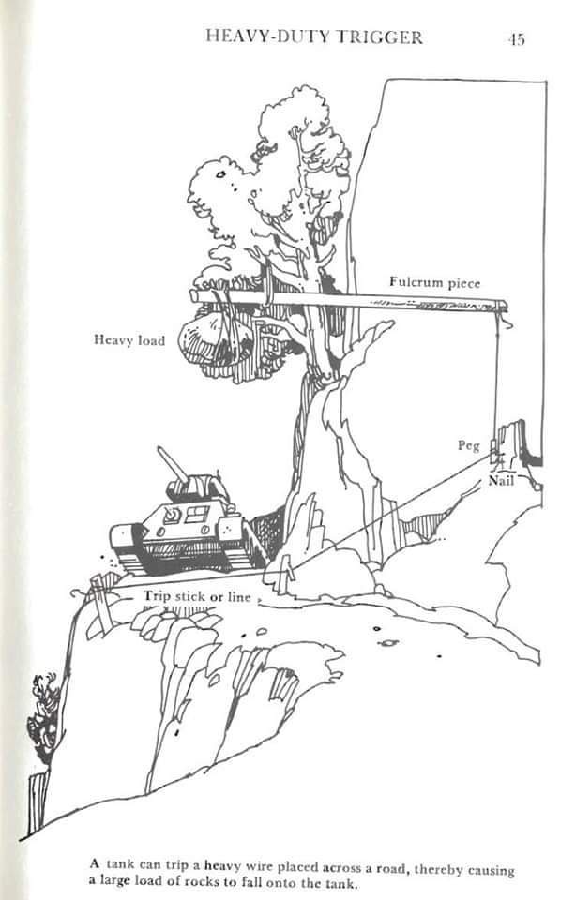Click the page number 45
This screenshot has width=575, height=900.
[517, 39]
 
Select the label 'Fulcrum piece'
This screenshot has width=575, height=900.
[435, 282]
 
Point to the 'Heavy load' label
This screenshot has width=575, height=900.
[129, 340]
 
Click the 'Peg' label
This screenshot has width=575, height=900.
[469, 446]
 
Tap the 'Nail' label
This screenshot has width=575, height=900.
[501, 480]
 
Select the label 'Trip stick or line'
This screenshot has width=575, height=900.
[198, 597]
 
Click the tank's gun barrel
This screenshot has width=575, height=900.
[173, 464]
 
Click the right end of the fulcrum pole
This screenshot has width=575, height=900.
[505, 306]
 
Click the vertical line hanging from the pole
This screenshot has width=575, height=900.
[495, 379]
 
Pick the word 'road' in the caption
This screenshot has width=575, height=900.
[390, 867]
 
